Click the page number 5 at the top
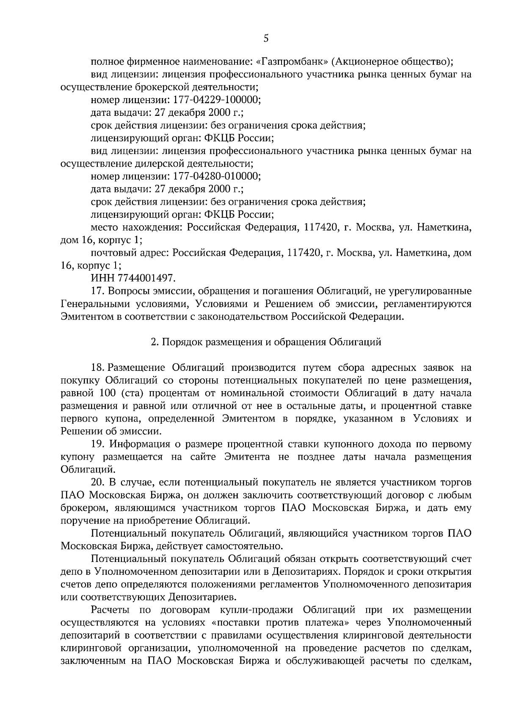266,39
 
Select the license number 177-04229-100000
215,100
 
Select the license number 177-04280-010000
215,176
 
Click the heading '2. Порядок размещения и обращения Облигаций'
266,342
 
